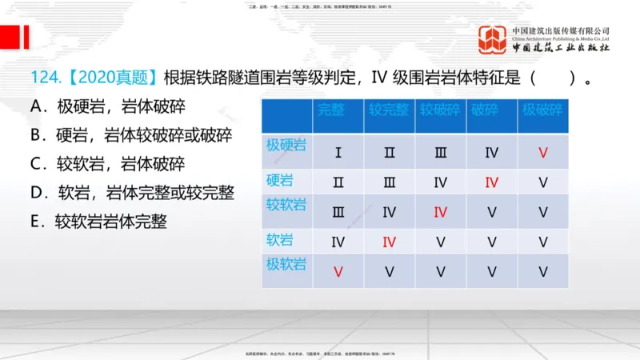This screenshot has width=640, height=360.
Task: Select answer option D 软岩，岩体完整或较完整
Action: point(132,193)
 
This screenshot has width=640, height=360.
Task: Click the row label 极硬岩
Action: point(286,145)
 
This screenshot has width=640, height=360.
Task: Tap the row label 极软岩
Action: point(286,263)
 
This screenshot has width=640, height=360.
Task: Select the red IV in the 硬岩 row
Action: point(491,182)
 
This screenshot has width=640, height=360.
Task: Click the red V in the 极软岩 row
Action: point(338,271)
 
